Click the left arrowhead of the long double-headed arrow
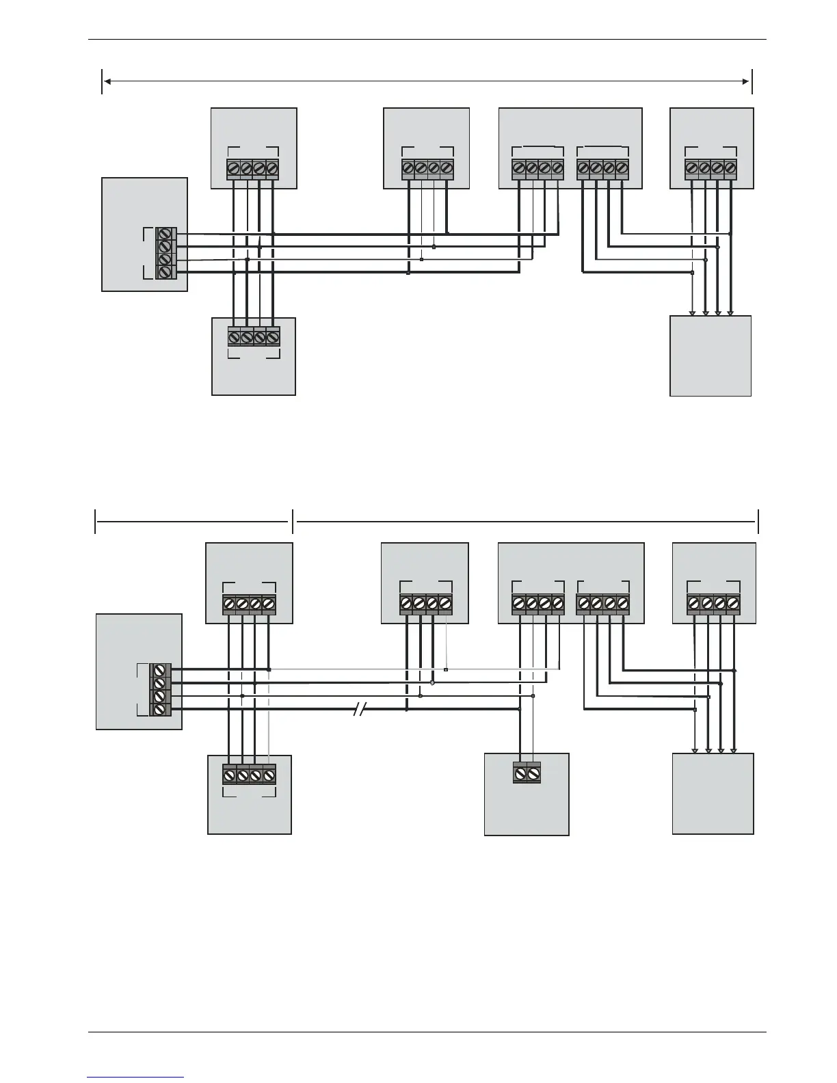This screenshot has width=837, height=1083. pyautogui.click(x=107, y=81)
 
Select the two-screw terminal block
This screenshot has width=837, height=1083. pyautogui.click(x=527, y=773)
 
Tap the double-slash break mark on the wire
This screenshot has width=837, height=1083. pyautogui.click(x=359, y=710)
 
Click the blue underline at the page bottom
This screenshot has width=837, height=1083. pyautogui.click(x=135, y=1078)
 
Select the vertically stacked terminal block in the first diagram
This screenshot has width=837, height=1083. pyautogui.click(x=165, y=253)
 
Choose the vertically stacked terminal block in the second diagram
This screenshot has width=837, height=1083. pyautogui.click(x=160, y=690)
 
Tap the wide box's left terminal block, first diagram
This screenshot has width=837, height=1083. pyautogui.click(x=537, y=168)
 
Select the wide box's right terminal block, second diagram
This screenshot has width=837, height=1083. pyautogui.click(x=602, y=604)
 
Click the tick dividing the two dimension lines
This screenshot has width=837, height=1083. pyautogui.click(x=293, y=521)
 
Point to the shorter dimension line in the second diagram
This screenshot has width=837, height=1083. pyautogui.click(x=191, y=521)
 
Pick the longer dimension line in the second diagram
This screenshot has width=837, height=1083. pyautogui.click(x=527, y=521)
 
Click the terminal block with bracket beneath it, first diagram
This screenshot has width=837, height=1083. pyautogui.click(x=254, y=337)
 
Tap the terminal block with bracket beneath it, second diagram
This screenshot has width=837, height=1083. pyautogui.click(x=249, y=775)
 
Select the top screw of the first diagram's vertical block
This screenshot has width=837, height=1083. pyautogui.click(x=165, y=234)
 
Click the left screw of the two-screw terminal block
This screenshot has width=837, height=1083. pyautogui.click(x=520, y=775)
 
